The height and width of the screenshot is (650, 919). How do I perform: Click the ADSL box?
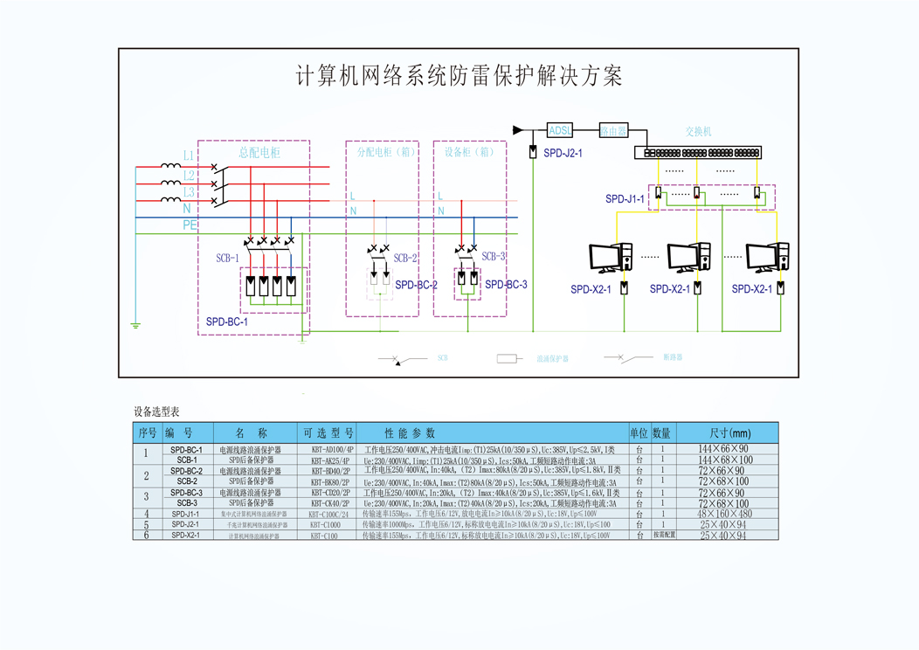click(x=560, y=131)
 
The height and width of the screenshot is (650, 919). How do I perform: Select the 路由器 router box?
click(x=613, y=131)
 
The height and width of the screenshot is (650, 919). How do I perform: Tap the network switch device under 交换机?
click(x=698, y=152)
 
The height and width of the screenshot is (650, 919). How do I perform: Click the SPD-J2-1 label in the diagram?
click(x=563, y=153)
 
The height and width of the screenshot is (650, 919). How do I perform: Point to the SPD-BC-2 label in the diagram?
click(x=416, y=285)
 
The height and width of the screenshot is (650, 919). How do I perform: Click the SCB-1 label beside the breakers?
click(x=227, y=259)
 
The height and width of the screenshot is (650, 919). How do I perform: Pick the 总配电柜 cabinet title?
click(x=259, y=153)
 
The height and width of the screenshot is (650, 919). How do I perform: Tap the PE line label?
click(x=190, y=225)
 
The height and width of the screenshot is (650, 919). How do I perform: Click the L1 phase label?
click(x=189, y=156)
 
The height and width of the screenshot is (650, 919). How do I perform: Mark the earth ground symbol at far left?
click(x=135, y=326)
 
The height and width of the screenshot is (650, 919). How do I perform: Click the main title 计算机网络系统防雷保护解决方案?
click(x=459, y=76)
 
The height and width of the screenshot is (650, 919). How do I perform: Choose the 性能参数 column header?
click(x=409, y=433)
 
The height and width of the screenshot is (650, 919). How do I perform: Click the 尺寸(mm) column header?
click(x=724, y=433)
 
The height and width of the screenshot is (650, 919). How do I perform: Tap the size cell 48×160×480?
click(x=724, y=515)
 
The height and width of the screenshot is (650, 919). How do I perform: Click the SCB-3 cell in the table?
click(x=187, y=503)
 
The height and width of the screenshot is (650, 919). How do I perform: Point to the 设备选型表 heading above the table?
click(x=156, y=411)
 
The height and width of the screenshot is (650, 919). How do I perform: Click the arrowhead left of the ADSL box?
click(x=518, y=130)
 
